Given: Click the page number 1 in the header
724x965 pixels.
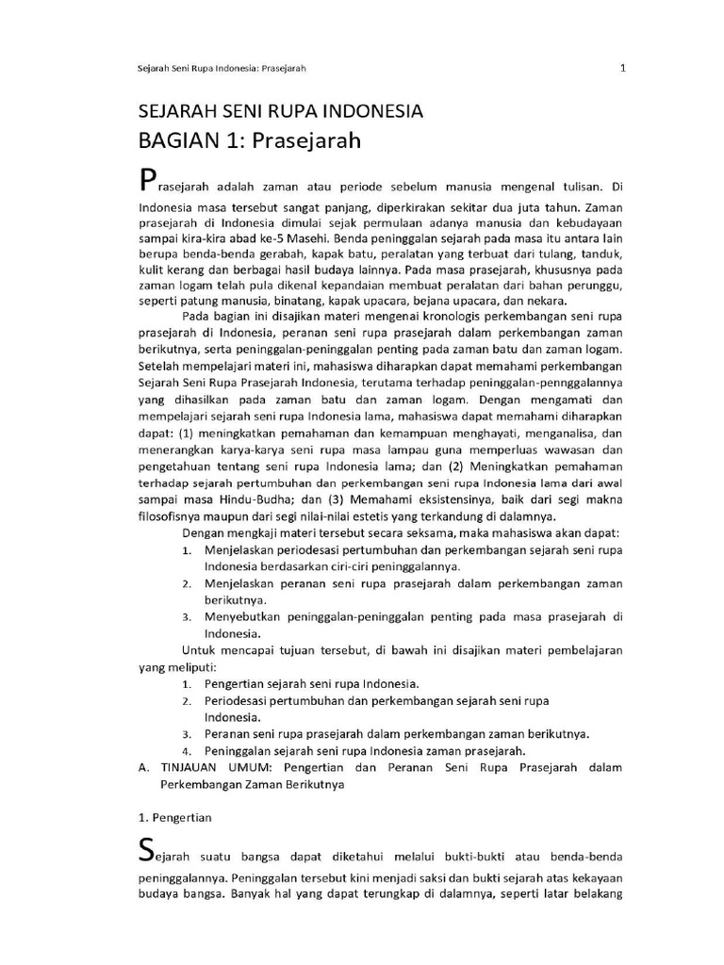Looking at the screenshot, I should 623,68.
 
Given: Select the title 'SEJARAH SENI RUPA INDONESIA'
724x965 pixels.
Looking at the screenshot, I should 280,112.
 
